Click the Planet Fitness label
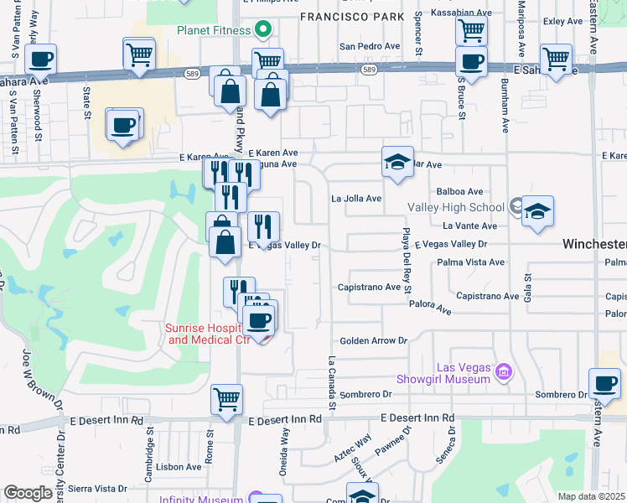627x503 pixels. point(213,31)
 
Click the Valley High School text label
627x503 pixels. point(456,207)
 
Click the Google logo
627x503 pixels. point(28,493)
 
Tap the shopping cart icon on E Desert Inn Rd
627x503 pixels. point(226,400)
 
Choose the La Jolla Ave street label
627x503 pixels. point(356,199)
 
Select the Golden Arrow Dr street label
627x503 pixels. point(373,340)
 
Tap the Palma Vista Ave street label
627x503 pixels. point(470,262)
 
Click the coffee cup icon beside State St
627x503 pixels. point(122,125)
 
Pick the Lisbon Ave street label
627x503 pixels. point(179,467)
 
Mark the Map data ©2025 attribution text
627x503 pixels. point(590,496)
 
